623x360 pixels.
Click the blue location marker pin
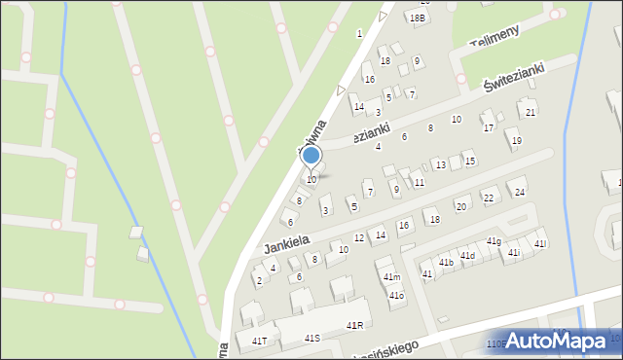[311, 156]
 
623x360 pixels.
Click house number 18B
[418, 18]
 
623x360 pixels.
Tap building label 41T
[259, 342]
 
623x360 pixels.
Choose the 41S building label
[312, 338]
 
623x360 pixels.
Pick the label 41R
[354, 326]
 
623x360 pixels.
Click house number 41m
[391, 277]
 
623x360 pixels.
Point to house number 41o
[396, 296]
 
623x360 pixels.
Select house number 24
[520, 193]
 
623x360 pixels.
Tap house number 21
[531, 112]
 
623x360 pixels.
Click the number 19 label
[516, 141]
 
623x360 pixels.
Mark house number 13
[440, 165]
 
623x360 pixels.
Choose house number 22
[489, 198]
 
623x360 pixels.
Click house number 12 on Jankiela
[359, 238]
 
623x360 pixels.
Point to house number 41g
[494, 241]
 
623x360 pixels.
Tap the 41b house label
[446, 263]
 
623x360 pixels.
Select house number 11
[419, 183]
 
